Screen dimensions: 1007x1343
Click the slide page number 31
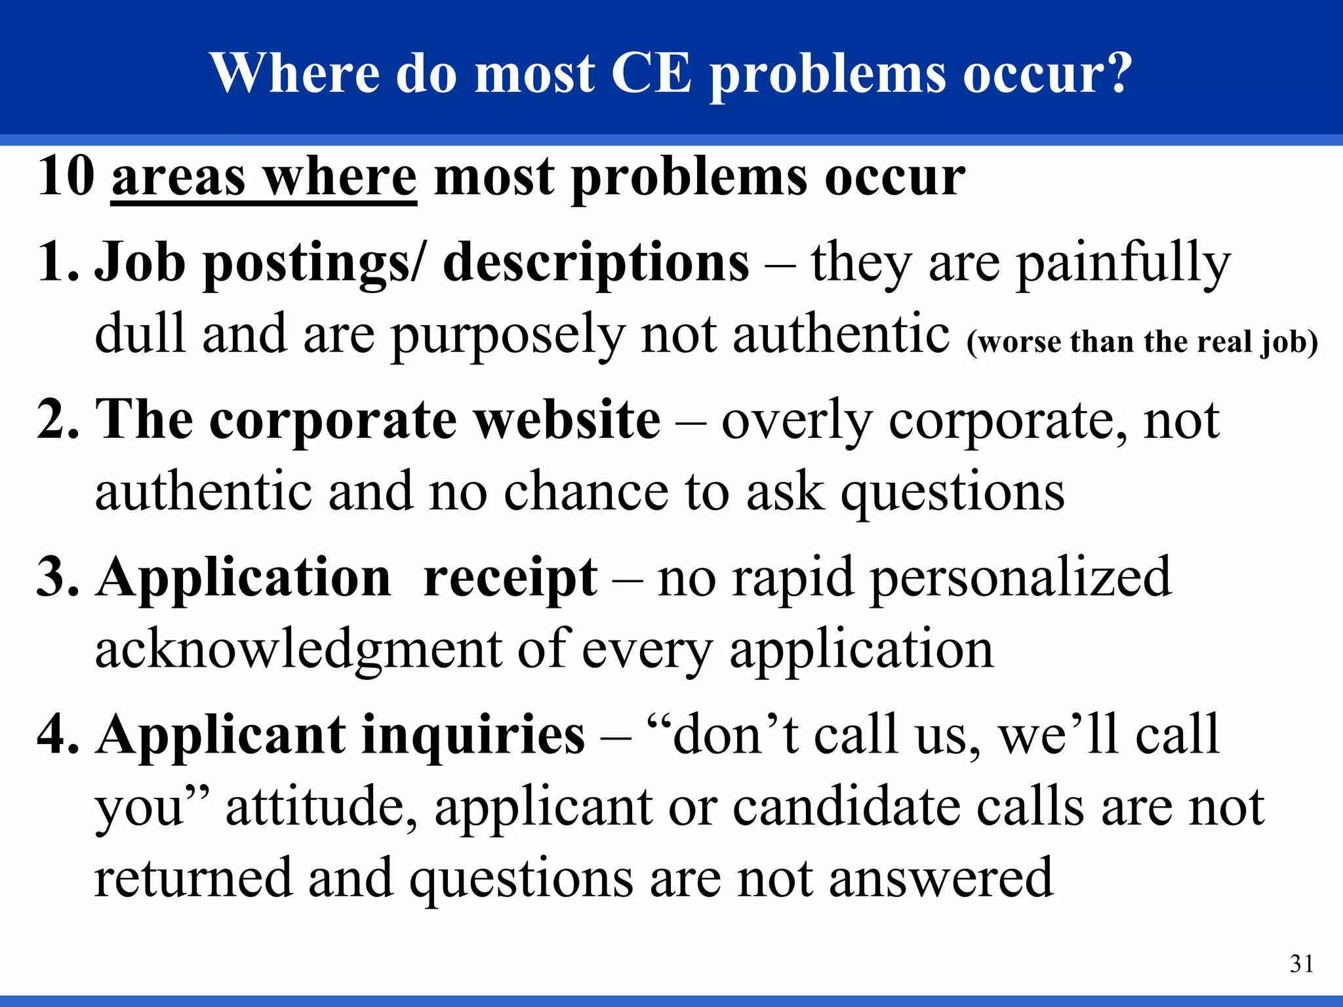pos(1302,964)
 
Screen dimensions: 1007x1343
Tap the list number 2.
pos(58,420)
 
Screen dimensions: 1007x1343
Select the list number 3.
pos(58,577)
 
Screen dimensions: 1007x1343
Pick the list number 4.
pos(58,734)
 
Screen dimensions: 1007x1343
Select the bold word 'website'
pos(568,420)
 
